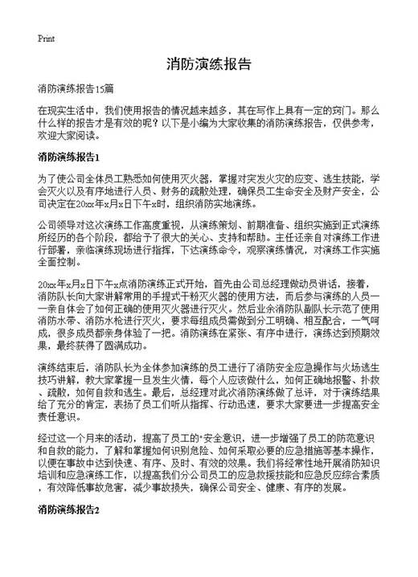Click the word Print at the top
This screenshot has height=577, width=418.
(46, 39)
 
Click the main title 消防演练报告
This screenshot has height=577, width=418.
(209, 63)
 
